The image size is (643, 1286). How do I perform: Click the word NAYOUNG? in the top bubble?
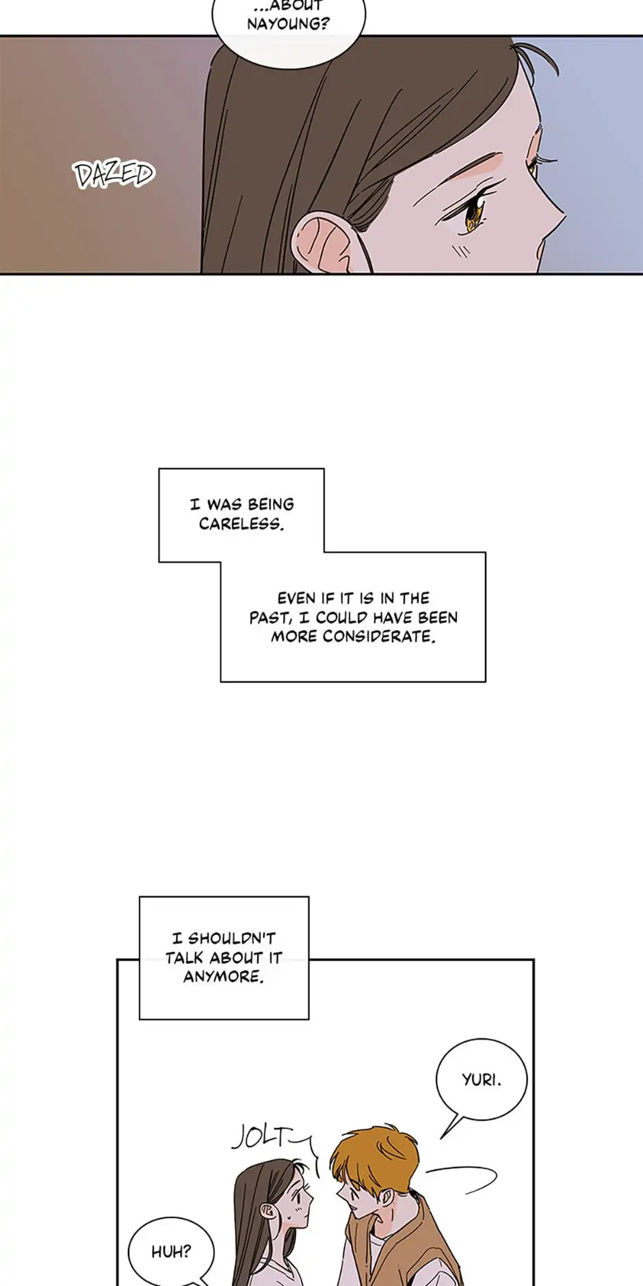coord(288,24)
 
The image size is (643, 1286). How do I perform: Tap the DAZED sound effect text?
coord(114,174)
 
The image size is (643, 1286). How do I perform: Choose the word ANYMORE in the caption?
coord(222,977)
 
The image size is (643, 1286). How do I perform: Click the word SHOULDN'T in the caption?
coord(231,939)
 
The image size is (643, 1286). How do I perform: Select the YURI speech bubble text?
coord(482,1080)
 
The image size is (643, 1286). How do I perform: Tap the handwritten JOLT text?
coord(261,1137)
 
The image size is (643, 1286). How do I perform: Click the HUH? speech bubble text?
coord(171,1252)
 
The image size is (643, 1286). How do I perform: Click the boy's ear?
coord(387,1197)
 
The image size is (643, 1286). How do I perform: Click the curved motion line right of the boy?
coord(465,1180)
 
